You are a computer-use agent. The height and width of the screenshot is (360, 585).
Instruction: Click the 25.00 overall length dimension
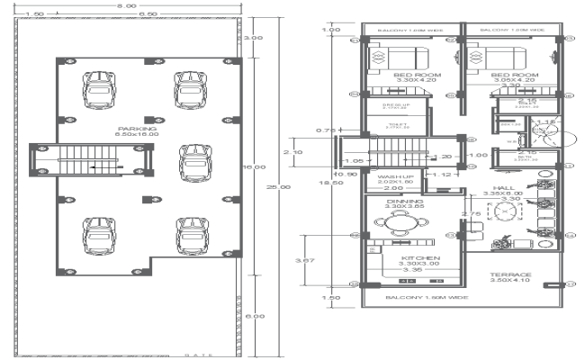click(283, 186)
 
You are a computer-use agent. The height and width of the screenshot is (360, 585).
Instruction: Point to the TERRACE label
click(510, 274)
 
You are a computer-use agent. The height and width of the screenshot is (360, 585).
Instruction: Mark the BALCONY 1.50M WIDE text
click(416, 297)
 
